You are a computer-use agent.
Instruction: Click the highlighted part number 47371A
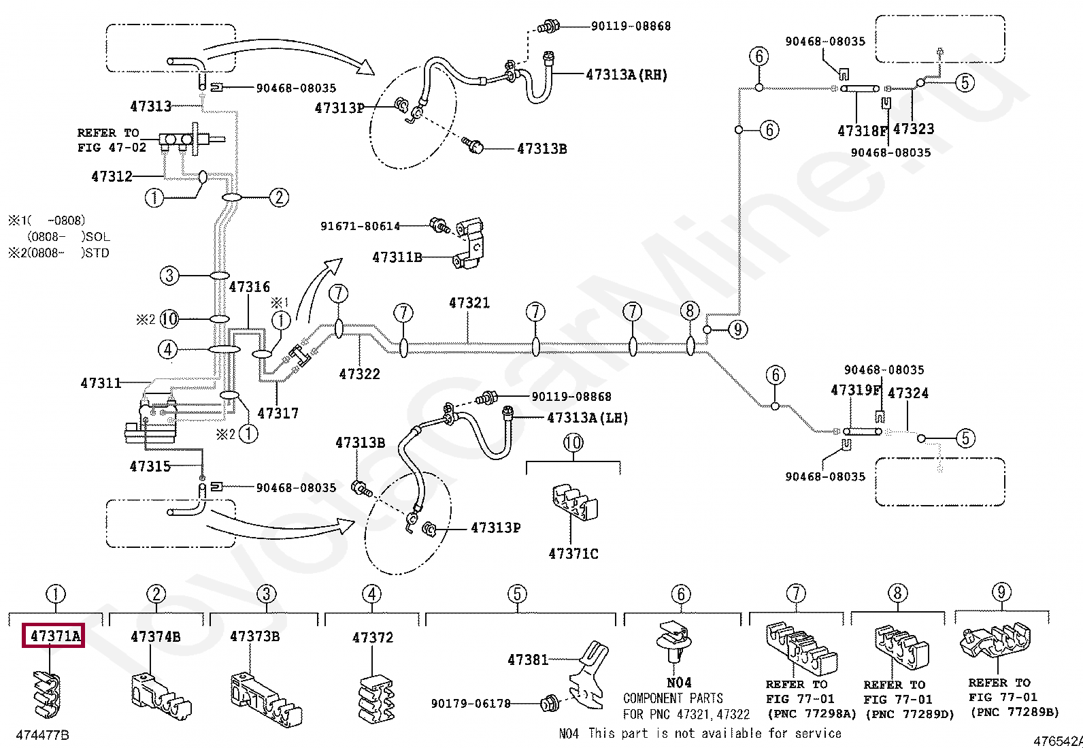coord(54,635)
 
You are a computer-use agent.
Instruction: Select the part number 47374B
coord(155,637)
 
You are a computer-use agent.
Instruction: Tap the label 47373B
coord(255,636)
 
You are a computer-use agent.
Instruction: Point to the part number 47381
coord(528,660)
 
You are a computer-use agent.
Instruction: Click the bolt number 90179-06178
coord(471,704)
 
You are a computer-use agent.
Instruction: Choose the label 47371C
coord(573,553)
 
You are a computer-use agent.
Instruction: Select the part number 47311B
coord(397,257)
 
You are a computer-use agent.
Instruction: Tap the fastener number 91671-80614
coord(360,226)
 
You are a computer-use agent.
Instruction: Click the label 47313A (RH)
coord(627,74)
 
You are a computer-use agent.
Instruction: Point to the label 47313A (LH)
coord(588,417)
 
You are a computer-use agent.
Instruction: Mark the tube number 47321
coord(469,303)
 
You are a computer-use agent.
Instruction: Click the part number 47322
coord(359,374)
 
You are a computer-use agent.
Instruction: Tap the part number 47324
coord(908,393)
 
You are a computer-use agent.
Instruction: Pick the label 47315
coord(150,466)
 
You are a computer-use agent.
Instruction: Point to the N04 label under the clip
coord(679,683)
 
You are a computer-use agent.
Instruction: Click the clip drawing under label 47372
coord(376,700)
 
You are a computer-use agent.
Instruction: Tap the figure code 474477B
coord(43,736)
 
